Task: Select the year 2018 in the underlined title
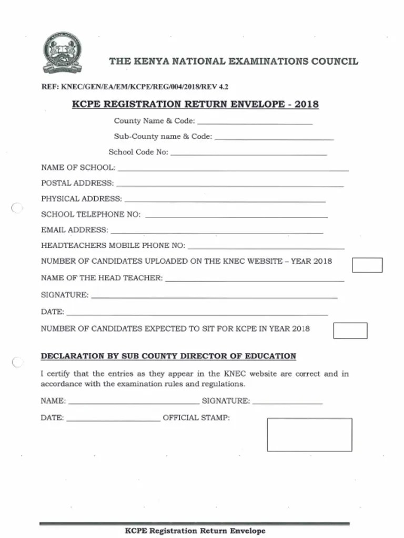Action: click(x=306, y=104)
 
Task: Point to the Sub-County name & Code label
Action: click(x=163, y=137)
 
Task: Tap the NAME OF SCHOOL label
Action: click(x=78, y=168)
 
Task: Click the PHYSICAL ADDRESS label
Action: click(x=82, y=199)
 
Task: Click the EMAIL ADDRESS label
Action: click(x=75, y=230)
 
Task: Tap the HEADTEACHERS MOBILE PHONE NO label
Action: click(x=113, y=245)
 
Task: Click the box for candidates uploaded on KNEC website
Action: click(x=367, y=265)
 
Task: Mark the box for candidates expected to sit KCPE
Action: click(x=350, y=330)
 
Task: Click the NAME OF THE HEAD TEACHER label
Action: click(x=102, y=278)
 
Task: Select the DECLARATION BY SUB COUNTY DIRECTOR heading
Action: click(x=168, y=356)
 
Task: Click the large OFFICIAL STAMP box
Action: click(x=309, y=434)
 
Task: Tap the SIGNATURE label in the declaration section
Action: click(x=226, y=401)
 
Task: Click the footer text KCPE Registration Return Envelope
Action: click(x=195, y=531)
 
